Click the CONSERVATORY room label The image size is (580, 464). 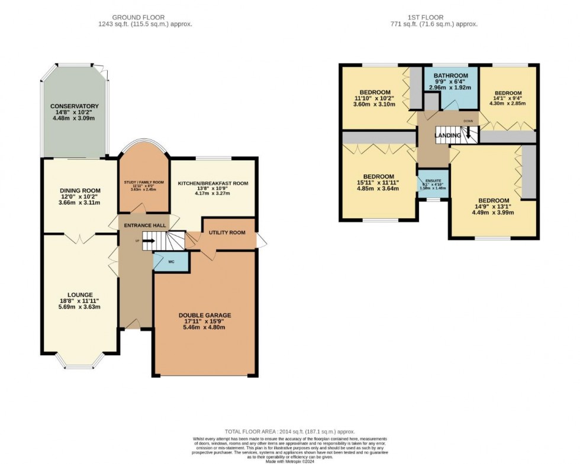coord(74,106)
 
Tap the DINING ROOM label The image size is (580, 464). coord(80,191)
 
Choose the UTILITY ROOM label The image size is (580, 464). coord(227,233)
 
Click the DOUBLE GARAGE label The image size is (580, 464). coord(205,315)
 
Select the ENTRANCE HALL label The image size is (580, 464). coord(144,226)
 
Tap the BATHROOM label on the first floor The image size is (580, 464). coord(450,76)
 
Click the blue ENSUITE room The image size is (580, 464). coord(432,183)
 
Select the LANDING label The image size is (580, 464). coord(447,136)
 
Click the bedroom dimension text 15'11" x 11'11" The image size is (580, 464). coord(378,183)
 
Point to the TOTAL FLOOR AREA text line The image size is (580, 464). coord(289,432)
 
